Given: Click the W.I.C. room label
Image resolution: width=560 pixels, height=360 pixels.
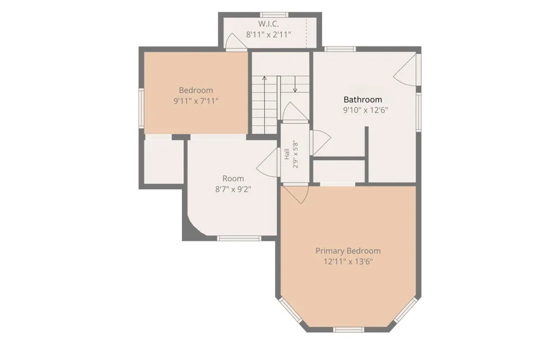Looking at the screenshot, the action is coord(268,24).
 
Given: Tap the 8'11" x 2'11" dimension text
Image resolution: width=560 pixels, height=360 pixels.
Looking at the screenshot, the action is coord(268,35).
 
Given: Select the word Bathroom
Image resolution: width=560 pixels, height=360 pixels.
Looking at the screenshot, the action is coord(362,99).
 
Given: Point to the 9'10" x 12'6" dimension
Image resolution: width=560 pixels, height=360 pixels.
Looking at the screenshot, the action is coord(365,110).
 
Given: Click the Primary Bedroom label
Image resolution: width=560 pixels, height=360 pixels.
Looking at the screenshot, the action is coord(348,251).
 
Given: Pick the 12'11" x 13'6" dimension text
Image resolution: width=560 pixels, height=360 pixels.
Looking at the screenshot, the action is coord(348,261).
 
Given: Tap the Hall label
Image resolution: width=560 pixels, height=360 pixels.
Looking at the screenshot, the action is coord(287,154).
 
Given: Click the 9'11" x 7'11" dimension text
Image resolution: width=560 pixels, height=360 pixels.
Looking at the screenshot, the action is coord(195,101).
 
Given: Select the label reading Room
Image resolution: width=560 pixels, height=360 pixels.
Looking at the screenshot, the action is coord(233,178).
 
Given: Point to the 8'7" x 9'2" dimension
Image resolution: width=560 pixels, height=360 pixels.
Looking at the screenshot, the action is coord(233,189).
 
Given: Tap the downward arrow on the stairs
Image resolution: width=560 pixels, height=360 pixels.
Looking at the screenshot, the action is coord(295,84).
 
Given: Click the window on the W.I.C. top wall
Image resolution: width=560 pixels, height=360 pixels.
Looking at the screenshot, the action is coord(274,15).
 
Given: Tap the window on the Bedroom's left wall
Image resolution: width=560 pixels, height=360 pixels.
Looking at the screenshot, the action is coord(142,107).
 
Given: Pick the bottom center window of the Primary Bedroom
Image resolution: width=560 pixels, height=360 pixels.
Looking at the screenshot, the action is coord(348,330).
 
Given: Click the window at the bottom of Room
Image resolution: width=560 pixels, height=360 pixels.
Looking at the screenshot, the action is coord(239,238).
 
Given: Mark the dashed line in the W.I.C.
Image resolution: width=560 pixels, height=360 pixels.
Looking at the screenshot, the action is coord(306,32).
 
